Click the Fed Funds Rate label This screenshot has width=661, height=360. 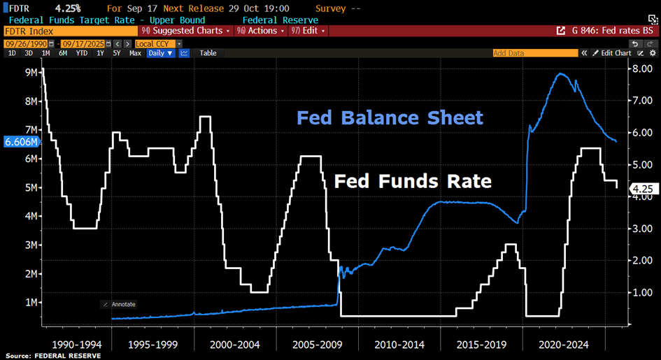tap(413, 182)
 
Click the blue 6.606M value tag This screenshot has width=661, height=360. tap(21, 142)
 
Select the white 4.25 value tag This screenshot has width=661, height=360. tap(642, 188)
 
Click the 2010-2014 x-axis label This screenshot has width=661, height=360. tap(399, 344)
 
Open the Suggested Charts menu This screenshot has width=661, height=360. tap(186, 31)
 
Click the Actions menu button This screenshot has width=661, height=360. tap(261, 31)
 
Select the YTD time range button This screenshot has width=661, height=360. tap(82, 53)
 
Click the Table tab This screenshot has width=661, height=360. tap(208, 53)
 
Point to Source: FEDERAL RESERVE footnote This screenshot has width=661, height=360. tap(53, 356)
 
